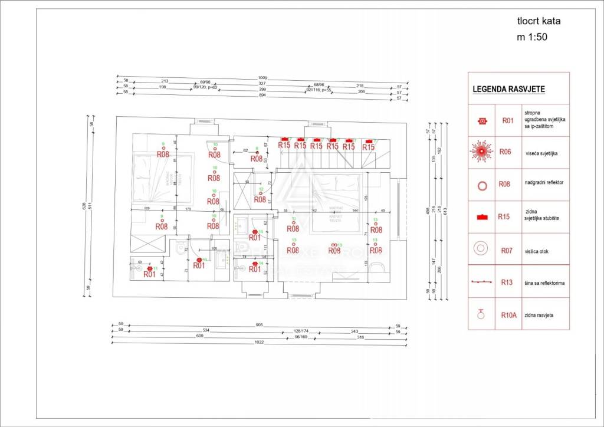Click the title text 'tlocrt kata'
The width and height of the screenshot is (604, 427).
(539, 21)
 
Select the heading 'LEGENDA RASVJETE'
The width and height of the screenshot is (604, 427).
(508, 90)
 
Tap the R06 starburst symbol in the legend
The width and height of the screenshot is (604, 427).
(481, 152)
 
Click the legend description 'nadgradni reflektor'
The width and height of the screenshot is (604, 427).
(544, 183)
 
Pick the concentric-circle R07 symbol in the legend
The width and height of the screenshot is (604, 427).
(481, 249)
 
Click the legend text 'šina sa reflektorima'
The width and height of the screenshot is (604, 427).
(544, 283)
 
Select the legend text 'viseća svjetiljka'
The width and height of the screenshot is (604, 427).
(543, 152)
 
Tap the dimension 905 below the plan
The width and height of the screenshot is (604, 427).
(259, 325)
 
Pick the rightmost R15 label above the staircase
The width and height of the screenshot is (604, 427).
(368, 146)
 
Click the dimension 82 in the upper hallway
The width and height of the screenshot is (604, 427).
(245, 150)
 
